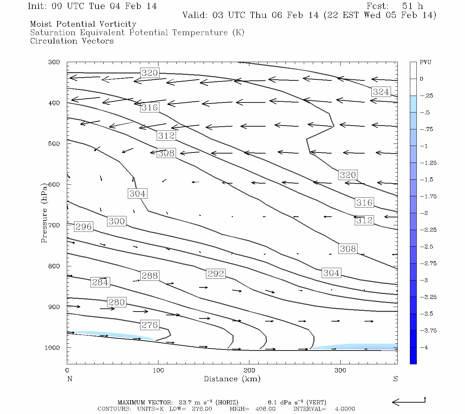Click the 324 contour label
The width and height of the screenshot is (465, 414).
[381, 92]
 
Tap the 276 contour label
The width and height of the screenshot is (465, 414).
[149, 325]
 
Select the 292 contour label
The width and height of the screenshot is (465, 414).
[216, 274]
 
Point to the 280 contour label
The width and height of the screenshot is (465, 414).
[116, 302]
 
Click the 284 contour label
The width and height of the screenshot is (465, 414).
[100, 282]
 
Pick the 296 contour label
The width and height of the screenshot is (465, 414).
[83, 227]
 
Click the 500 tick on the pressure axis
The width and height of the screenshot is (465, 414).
[54, 144]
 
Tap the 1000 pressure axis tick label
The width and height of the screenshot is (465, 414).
[52, 348]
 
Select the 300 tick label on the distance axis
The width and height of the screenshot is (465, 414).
[340, 371]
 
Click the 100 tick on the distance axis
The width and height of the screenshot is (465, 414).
[158, 371]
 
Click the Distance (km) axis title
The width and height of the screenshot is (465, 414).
[232, 379]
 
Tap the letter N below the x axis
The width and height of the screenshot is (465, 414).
[70, 379]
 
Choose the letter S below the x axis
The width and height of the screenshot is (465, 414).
[395, 379]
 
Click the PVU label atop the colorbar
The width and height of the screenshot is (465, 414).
[425, 62]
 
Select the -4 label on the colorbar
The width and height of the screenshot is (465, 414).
[424, 347]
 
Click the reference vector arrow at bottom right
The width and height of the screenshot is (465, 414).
[409, 402]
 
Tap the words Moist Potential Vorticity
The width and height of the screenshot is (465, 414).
[83, 24]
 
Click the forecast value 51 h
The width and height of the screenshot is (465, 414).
[412, 6]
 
